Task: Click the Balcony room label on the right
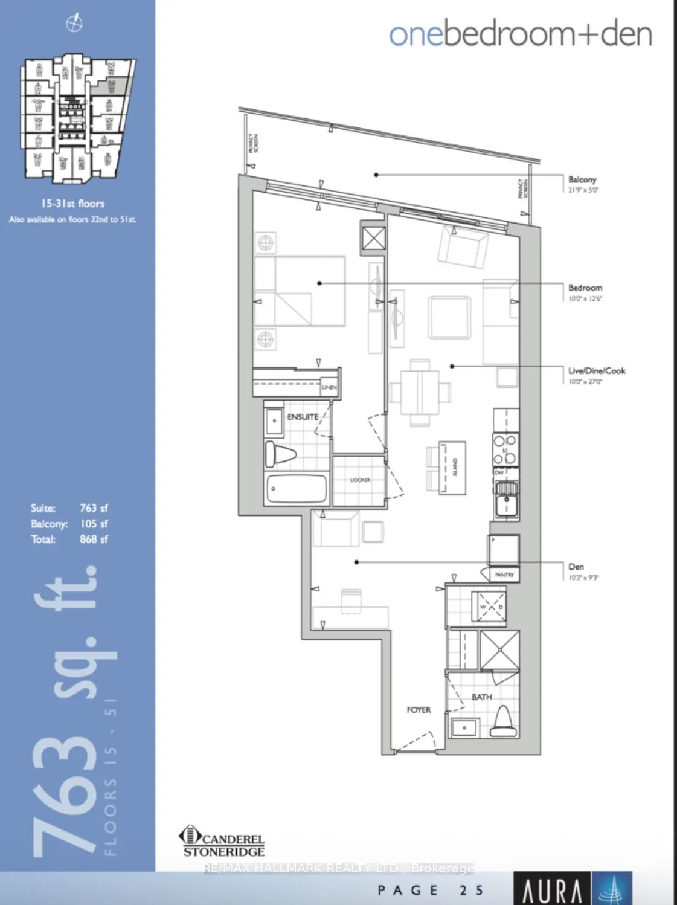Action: click(x=582, y=179)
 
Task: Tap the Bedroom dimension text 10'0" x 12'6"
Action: click(x=585, y=298)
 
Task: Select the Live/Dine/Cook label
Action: click(x=596, y=370)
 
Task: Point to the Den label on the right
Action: click(x=576, y=566)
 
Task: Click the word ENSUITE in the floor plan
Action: click(x=303, y=417)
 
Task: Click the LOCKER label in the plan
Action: click(x=360, y=480)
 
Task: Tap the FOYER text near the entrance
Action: click(x=419, y=710)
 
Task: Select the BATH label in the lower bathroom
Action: click(x=481, y=697)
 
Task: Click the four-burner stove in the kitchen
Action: click(x=505, y=449)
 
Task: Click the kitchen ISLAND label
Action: click(x=455, y=466)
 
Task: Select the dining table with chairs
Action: click(x=420, y=391)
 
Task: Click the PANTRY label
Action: click(x=504, y=575)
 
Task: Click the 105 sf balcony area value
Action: click(x=94, y=524)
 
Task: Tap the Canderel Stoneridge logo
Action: click(x=223, y=842)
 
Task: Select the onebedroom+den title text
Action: click(x=521, y=34)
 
